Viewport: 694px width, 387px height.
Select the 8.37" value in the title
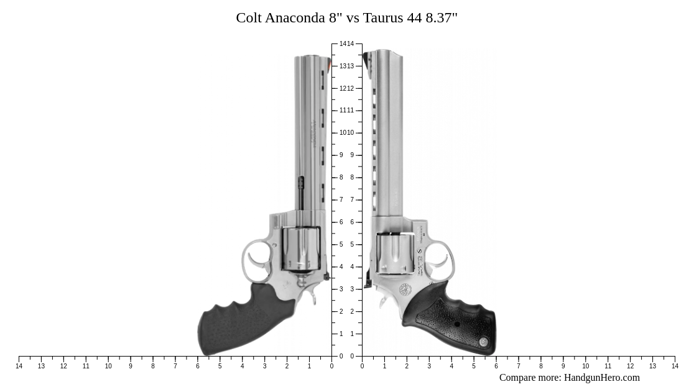point(442,17)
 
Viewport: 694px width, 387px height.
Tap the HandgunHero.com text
point(601,378)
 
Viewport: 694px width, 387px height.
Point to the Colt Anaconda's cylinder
point(301,248)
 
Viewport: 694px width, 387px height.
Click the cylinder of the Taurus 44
point(395,253)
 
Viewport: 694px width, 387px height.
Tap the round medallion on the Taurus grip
point(483,342)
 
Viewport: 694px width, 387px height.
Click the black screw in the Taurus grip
point(457,324)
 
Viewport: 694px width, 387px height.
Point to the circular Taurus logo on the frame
point(405,289)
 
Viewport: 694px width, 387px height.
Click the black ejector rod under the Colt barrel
point(301,192)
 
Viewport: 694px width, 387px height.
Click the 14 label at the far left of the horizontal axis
point(19,367)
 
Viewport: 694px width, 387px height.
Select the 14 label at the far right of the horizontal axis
point(675,367)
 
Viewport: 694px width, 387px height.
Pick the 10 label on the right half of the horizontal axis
point(585,367)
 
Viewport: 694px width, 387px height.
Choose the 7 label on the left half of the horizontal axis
point(175,367)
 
